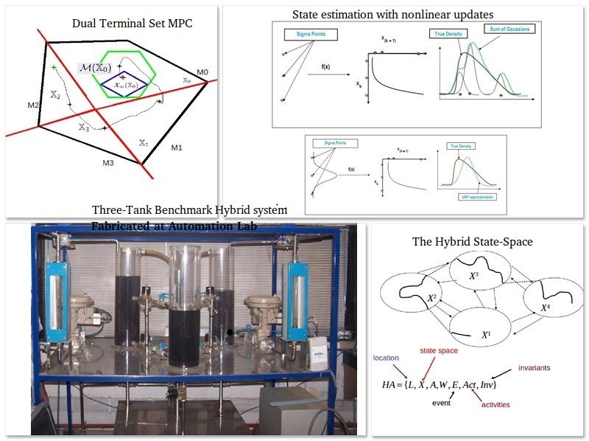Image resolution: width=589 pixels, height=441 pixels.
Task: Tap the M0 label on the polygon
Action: point(202,72)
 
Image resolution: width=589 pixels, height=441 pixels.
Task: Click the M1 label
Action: point(176,148)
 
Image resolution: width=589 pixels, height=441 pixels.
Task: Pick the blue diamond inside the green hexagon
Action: point(122,84)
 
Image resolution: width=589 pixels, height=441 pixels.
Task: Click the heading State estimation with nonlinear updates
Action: point(392,14)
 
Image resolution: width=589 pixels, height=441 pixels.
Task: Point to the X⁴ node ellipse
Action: point(547,302)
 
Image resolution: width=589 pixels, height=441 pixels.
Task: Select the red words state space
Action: point(439,350)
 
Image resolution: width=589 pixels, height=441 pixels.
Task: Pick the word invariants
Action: point(534,367)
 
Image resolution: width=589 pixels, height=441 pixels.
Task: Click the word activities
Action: point(495,404)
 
